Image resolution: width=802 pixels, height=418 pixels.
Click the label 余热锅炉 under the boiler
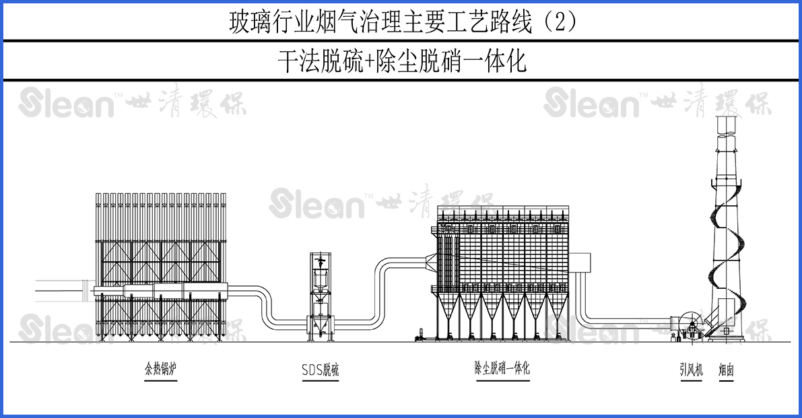tap(160, 370)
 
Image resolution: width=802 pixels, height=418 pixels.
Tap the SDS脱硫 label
tap(320, 370)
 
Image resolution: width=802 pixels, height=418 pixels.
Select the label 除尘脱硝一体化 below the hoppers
tap(502, 368)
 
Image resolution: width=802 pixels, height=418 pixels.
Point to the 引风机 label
tap(691, 370)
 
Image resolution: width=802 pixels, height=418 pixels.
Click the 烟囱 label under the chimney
tap(725, 370)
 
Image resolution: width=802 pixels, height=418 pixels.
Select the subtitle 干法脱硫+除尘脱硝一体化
tap(401, 61)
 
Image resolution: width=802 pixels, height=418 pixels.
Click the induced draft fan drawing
tap(690, 326)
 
